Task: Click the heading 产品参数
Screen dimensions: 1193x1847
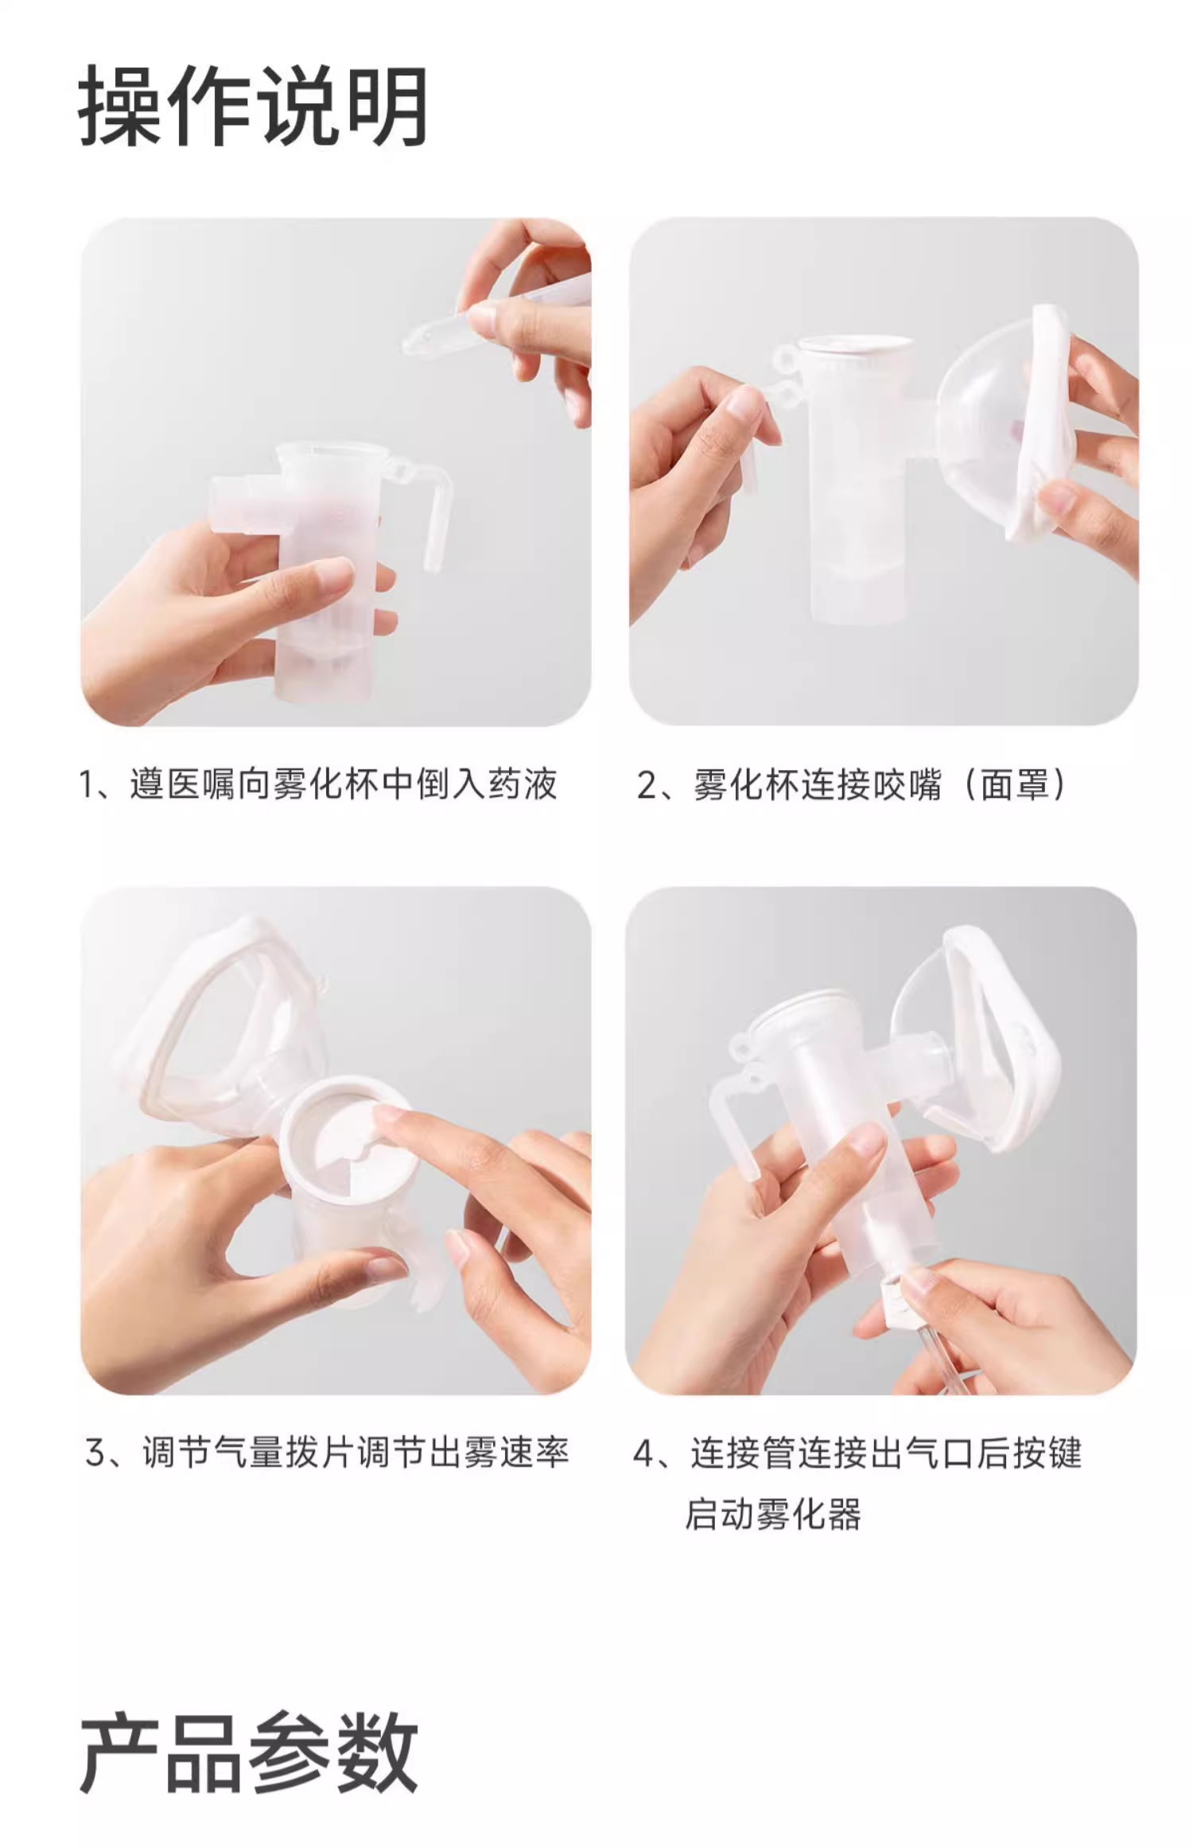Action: coord(249,1753)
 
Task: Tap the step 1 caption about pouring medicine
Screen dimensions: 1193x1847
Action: coord(318,784)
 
